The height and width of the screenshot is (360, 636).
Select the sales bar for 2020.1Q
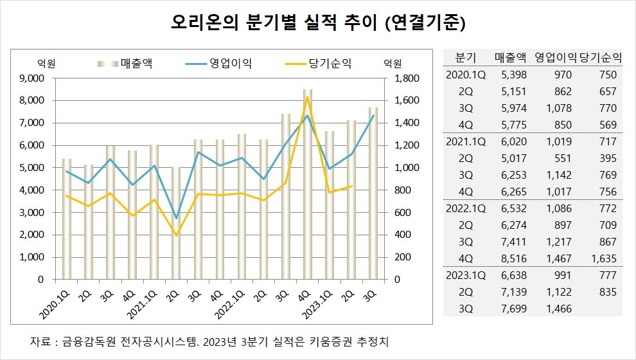(x=66, y=219)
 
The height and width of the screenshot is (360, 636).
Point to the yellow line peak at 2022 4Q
(x=308, y=97)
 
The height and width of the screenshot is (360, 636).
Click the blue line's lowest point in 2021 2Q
(x=176, y=218)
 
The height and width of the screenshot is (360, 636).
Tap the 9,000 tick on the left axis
(x=32, y=78)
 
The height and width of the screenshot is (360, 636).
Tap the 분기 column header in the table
(x=464, y=57)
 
